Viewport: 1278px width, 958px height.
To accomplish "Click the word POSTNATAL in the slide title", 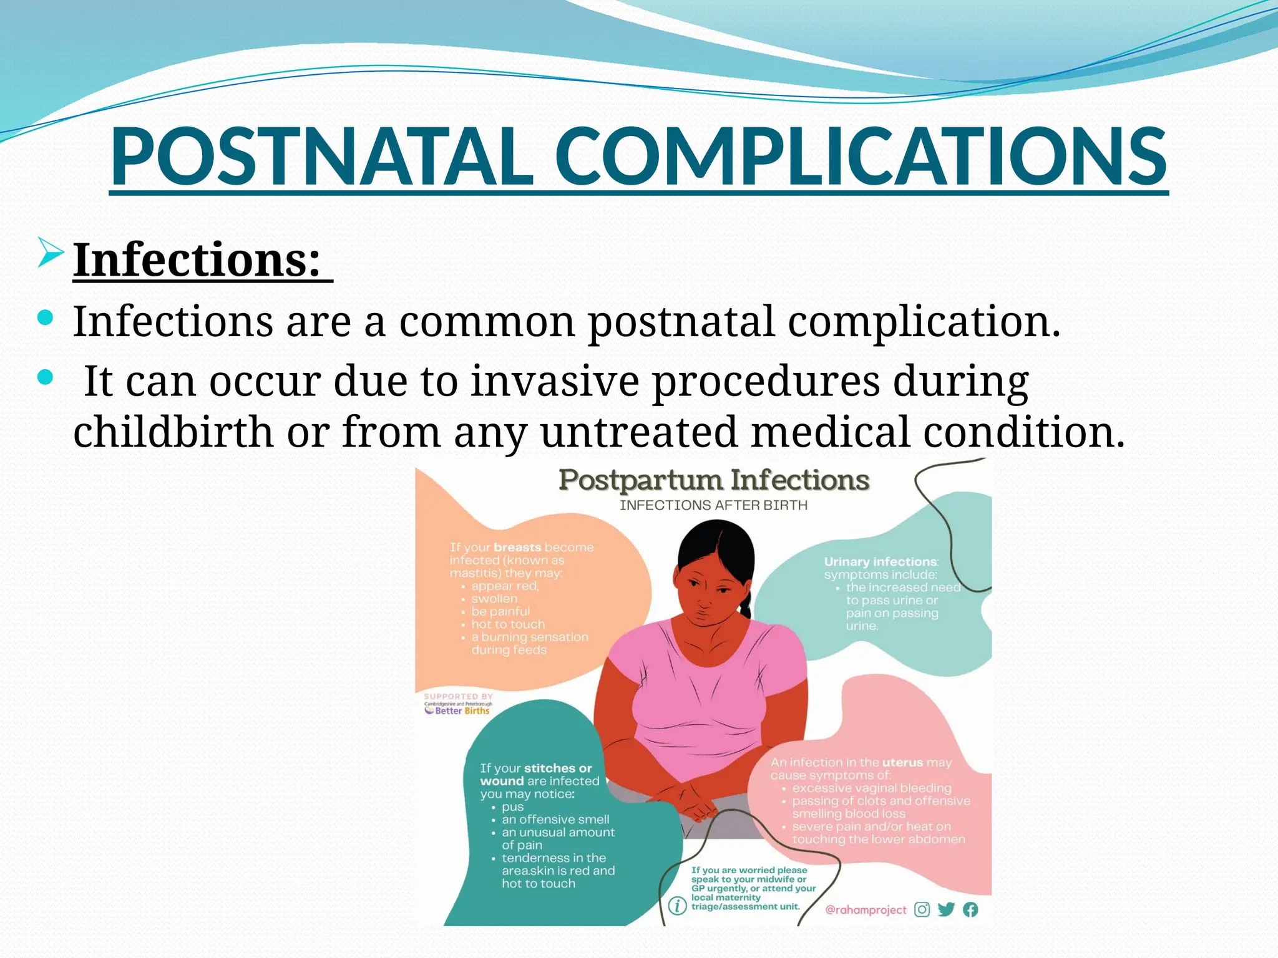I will tap(321, 157).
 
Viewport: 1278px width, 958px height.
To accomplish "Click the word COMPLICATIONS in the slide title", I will tap(860, 157).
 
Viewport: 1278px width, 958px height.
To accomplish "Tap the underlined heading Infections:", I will tap(198, 260).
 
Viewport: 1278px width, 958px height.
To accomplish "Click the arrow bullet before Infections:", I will tap(51, 253).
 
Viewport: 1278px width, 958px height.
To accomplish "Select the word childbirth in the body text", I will tap(173, 432).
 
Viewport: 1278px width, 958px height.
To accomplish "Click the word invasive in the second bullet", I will tap(554, 380).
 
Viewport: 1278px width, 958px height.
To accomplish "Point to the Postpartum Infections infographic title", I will tap(713, 480).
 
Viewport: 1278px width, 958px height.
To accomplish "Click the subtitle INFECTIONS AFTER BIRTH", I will tap(713, 505).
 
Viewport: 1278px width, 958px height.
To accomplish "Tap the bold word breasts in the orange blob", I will tap(517, 548).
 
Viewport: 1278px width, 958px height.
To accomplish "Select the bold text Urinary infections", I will tap(880, 562).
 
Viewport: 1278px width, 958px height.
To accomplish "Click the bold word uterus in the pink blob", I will tap(902, 762).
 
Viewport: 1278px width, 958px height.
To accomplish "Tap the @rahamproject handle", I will tap(865, 910).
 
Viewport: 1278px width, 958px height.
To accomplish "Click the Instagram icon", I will tap(922, 909).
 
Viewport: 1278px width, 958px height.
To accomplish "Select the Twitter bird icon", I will tap(946, 909).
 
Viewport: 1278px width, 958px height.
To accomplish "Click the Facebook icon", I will tap(970, 909).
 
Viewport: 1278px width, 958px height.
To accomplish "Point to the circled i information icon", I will tap(677, 906).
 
